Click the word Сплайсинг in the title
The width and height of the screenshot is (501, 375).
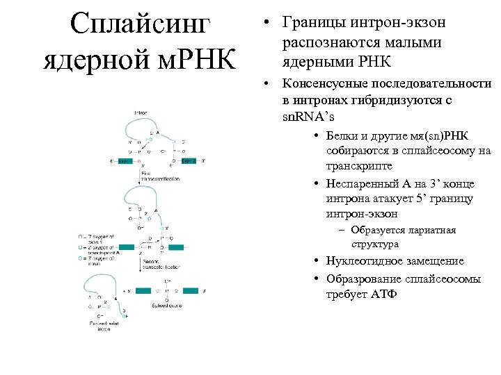[140, 26]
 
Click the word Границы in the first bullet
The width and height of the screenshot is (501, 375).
[312, 22]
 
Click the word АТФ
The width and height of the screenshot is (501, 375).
[382, 294]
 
